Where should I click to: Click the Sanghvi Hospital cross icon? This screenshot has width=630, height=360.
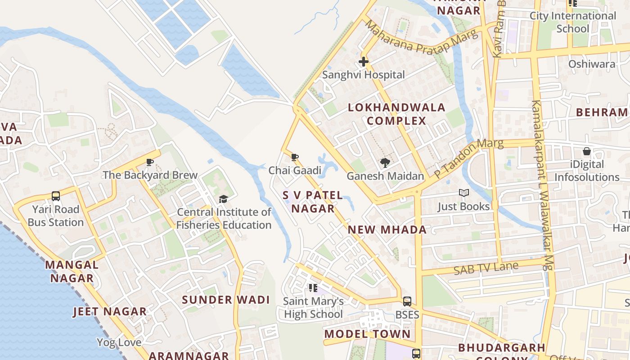pos(364,62)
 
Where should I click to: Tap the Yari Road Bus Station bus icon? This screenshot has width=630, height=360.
pos(56,196)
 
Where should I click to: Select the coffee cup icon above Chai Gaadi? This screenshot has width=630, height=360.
pos(295,157)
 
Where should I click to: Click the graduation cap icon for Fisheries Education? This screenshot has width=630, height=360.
pos(223,199)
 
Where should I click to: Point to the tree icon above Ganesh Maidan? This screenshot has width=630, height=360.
pos(385,163)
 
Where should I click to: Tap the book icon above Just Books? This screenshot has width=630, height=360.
pos(463,193)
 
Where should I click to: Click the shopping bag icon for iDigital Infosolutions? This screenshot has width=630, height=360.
pos(587,151)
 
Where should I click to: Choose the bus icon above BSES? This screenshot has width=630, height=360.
pos(407,301)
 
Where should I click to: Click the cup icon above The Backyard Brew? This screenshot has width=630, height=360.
pos(150,162)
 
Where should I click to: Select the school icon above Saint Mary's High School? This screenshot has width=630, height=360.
pos(313,288)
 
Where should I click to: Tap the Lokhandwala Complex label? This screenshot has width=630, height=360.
pos(396,114)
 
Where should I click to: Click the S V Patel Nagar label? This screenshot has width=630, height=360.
pos(313,202)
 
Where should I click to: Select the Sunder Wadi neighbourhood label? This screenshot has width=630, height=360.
pos(226,300)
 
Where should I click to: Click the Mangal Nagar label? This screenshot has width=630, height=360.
pos(72,271)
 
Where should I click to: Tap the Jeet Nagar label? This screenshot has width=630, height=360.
pos(110,311)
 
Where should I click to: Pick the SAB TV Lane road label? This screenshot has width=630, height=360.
pos(486,269)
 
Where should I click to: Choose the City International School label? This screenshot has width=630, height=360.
pos(572,22)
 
